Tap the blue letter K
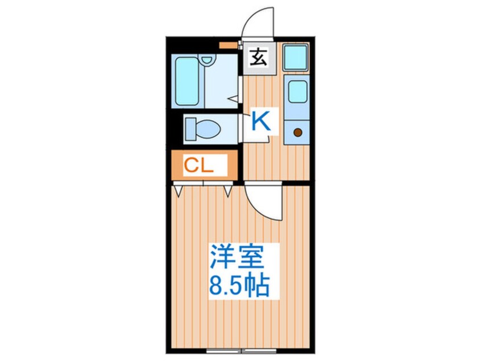pyautogui.click(x=260, y=121)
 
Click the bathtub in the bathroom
pyautogui.click(x=188, y=81)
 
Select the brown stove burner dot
pyautogui.click(x=297, y=133)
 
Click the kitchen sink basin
pyautogui.click(x=296, y=91)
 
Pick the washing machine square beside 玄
pyautogui.click(x=296, y=58)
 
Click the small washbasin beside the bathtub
pyautogui.click(x=208, y=59)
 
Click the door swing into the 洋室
pyautogui.click(x=263, y=199)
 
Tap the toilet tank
pyautogui.click(x=190, y=128)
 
